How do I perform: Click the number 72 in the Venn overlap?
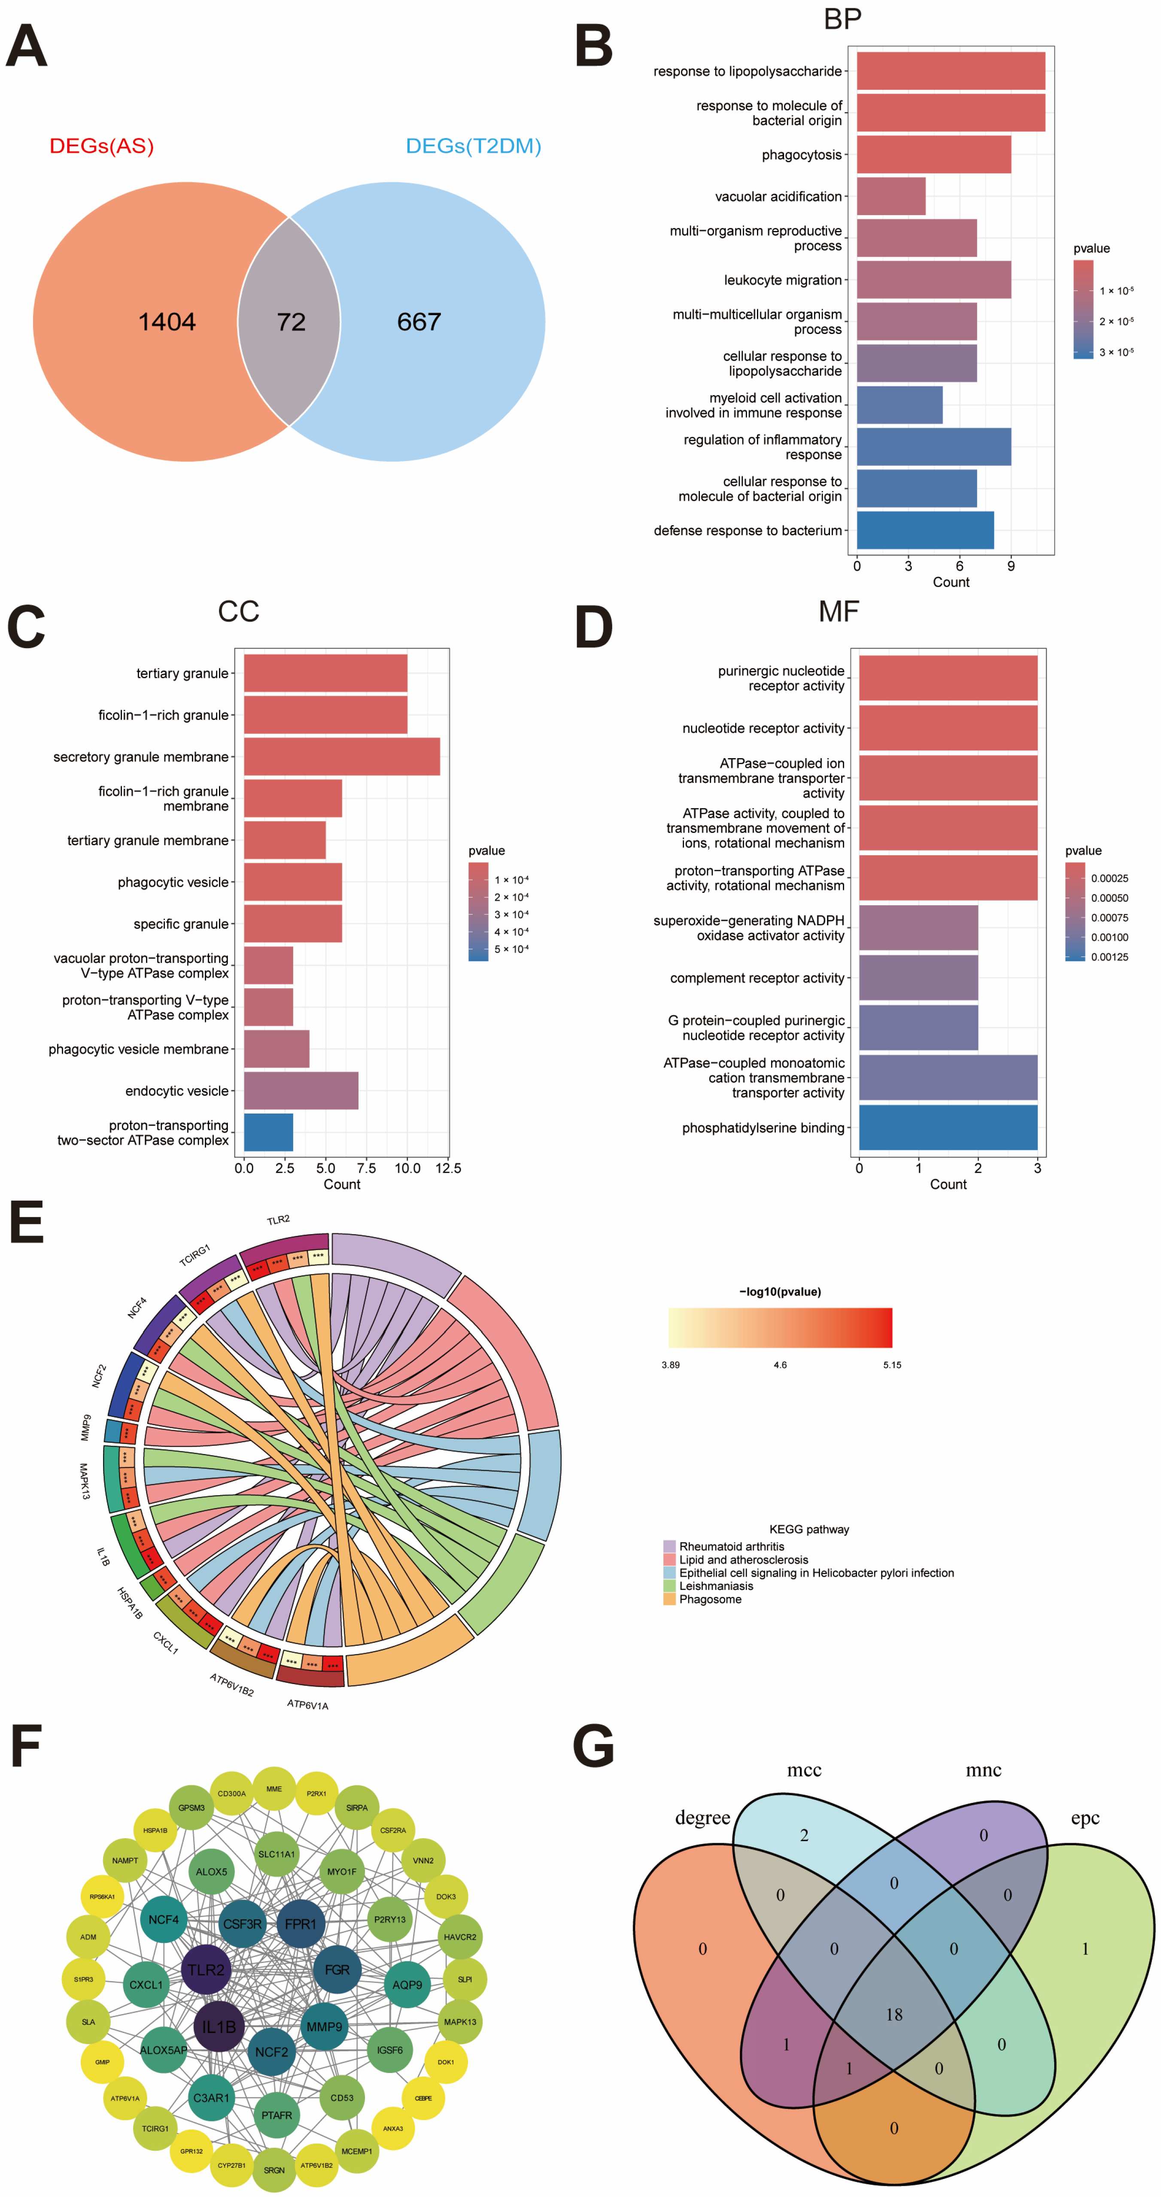[x=291, y=322]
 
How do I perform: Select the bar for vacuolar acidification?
[x=891, y=196]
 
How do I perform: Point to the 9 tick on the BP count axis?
[x=1011, y=565]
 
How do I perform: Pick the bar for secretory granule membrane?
[x=341, y=756]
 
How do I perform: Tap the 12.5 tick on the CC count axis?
[x=448, y=1168]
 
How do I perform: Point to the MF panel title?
[x=839, y=612]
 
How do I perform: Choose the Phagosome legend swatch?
[x=670, y=1599]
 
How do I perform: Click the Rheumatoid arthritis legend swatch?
[x=670, y=1546]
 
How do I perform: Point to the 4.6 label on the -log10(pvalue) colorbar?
[x=780, y=1365]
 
